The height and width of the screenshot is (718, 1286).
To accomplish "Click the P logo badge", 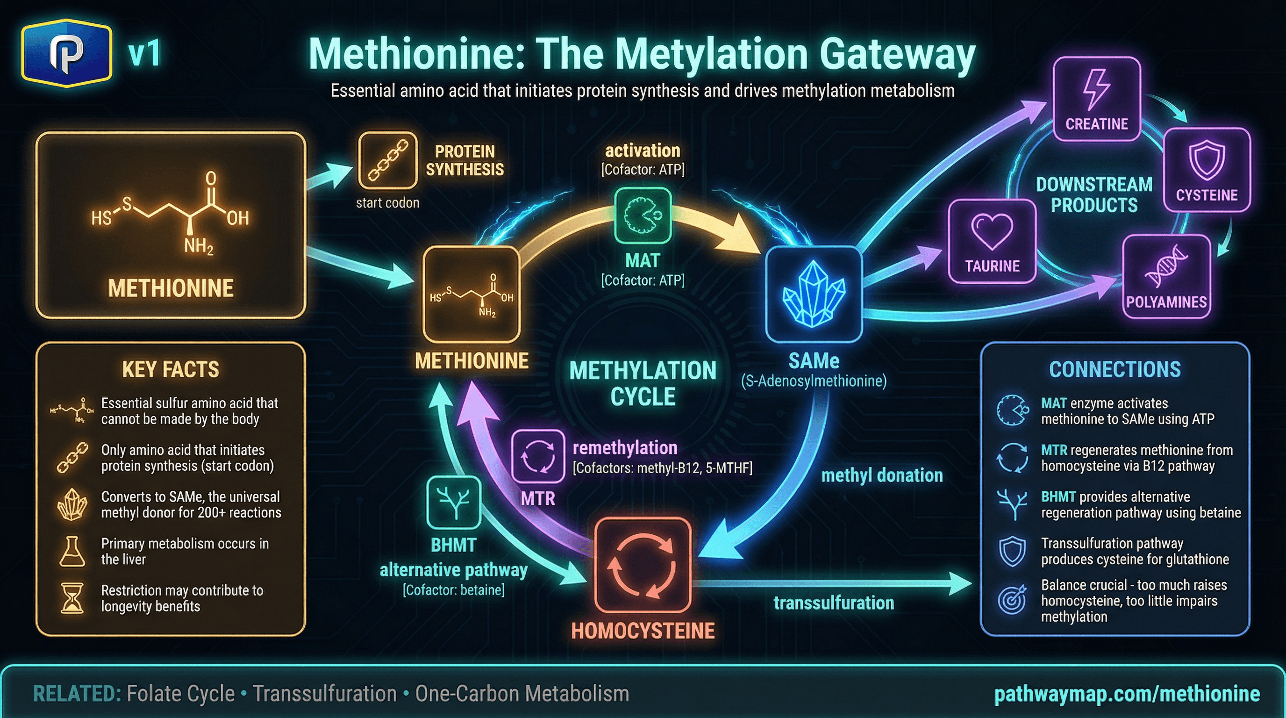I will (x=66, y=53).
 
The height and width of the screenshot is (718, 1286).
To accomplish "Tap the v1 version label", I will (x=144, y=54).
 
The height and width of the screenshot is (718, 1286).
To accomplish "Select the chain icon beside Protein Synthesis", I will (x=388, y=160).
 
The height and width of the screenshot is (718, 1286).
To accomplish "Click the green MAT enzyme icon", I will (x=643, y=215).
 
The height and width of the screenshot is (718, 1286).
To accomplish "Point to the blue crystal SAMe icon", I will (x=814, y=294).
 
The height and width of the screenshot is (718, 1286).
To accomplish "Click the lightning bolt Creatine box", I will (x=1097, y=98).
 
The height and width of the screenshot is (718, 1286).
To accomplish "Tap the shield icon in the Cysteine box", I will (x=1206, y=160).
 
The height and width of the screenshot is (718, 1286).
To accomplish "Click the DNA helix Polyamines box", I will (x=1166, y=276).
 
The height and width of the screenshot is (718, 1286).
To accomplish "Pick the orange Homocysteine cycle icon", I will (x=643, y=565).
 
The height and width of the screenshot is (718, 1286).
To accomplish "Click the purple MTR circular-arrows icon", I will (x=538, y=456).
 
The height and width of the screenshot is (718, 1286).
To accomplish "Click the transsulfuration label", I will (x=834, y=603).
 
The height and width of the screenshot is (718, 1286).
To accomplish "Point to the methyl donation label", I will (x=882, y=475).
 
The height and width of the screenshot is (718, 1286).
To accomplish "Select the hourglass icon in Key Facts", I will (x=72, y=598).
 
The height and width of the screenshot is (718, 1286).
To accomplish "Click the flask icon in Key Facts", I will (x=72, y=551).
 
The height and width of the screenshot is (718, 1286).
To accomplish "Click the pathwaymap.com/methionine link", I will (x=1127, y=694).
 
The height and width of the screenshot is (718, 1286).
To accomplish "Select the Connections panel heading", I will (x=1115, y=369).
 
